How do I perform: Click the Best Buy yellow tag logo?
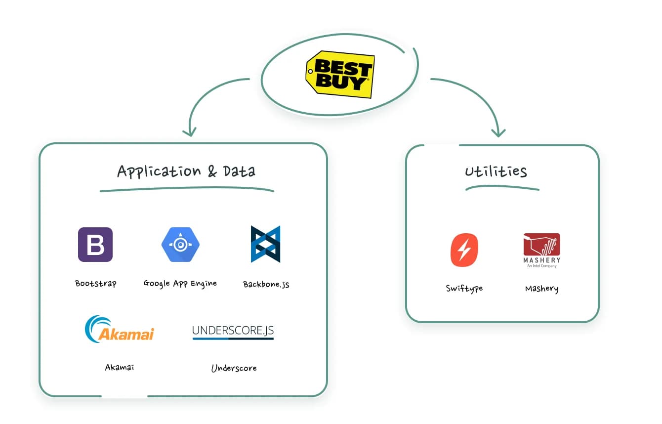[340, 74]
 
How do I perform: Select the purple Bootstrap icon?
[95, 245]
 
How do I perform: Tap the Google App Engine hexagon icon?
[180, 245]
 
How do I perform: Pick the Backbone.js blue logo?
[265, 244]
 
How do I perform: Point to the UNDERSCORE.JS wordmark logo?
[233, 332]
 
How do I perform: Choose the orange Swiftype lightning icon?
[464, 250]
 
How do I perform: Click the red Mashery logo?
[541, 250]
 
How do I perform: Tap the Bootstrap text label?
[95, 284]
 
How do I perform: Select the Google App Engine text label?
[180, 284]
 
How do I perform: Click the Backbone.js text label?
[266, 284]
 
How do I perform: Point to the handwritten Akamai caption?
[120, 367]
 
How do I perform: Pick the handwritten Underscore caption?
[234, 368]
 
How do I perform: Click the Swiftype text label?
[464, 289]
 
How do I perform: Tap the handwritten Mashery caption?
[541, 289]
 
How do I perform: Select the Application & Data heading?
[186, 171]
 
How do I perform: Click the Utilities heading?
[496, 171]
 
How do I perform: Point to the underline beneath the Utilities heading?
[502, 188]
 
